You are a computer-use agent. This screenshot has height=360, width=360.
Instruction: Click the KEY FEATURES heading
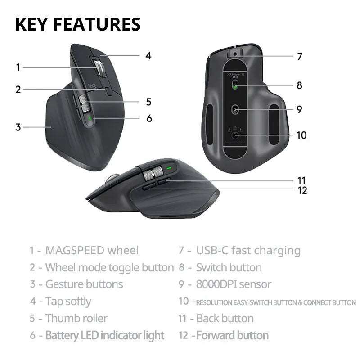click(78, 24)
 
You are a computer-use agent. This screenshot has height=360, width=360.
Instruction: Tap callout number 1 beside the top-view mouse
click(18, 67)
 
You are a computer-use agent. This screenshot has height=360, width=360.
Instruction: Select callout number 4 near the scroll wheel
click(148, 56)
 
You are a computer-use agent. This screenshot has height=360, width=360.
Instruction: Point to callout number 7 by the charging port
click(299, 57)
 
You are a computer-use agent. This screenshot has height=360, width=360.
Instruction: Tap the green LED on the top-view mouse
click(90, 119)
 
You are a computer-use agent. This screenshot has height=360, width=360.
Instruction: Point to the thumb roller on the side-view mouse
click(154, 172)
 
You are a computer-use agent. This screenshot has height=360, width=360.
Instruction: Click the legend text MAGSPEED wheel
click(92, 250)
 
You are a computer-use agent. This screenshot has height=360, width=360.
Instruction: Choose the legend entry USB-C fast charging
click(248, 250)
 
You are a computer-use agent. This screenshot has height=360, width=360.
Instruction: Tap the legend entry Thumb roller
click(76, 318)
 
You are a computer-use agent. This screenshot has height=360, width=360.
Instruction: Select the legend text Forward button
click(232, 335)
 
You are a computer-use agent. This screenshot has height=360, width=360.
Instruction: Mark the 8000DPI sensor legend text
click(234, 284)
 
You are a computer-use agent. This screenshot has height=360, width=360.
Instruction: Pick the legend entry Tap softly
click(68, 301)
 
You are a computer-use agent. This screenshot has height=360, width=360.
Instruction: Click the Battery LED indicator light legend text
click(104, 335)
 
